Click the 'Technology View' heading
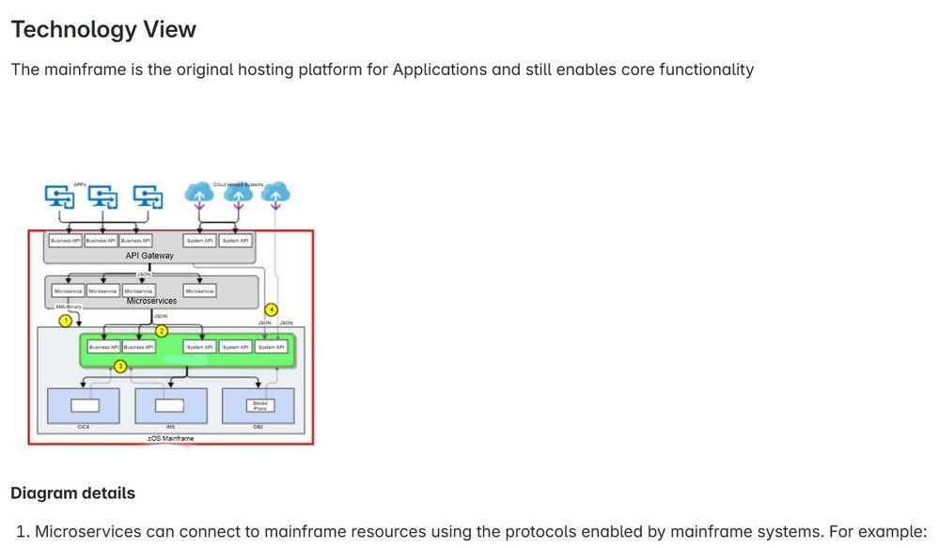[x=103, y=29]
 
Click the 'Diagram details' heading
[x=72, y=493]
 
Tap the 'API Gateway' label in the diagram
[x=149, y=256]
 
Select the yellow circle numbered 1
[x=66, y=321]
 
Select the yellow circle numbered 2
[x=162, y=331]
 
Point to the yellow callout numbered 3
[x=120, y=366]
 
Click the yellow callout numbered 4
[x=272, y=309]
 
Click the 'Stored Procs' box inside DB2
[x=259, y=405]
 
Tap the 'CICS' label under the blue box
[x=83, y=427]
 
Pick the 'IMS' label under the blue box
[x=171, y=427]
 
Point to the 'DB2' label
[x=258, y=427]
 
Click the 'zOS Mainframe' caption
[x=171, y=438]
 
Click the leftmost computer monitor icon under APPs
[x=60, y=196]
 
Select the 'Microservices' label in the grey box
[x=151, y=301]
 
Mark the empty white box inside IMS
[x=171, y=405]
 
